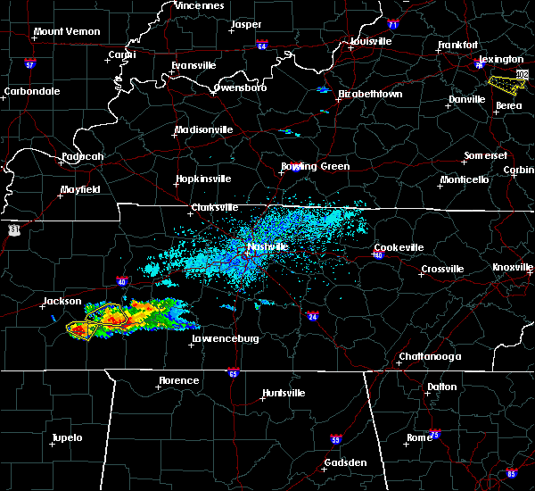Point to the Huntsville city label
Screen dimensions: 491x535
(284, 394)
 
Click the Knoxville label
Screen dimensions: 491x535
(514, 268)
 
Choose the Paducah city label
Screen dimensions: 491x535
(82, 157)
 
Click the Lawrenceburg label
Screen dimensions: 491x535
(223, 340)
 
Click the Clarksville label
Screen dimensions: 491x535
(215, 208)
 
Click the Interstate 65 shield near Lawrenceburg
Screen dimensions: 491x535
(233, 372)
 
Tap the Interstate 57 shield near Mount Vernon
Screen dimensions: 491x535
(29, 64)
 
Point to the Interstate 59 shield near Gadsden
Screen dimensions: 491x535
(335, 439)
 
